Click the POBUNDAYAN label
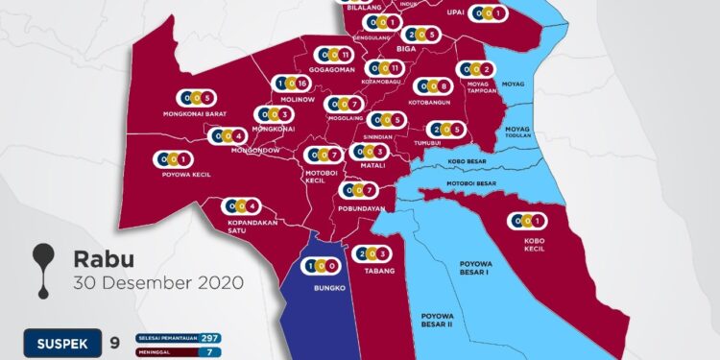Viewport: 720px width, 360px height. pyautogui.click(x=362, y=208)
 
